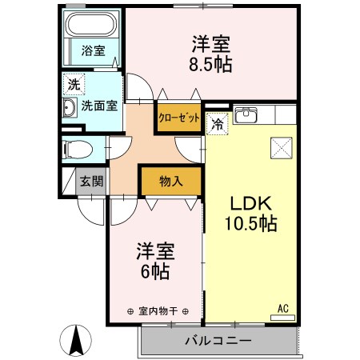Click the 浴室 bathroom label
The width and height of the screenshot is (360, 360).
point(92,51)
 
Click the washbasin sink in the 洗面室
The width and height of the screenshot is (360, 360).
point(69,108)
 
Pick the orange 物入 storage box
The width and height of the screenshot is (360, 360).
point(170,181)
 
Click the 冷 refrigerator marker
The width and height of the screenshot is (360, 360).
point(217,123)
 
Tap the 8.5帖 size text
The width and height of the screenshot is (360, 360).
point(211,63)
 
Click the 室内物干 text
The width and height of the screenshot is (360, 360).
point(157,311)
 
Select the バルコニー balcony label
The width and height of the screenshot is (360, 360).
point(218,341)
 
